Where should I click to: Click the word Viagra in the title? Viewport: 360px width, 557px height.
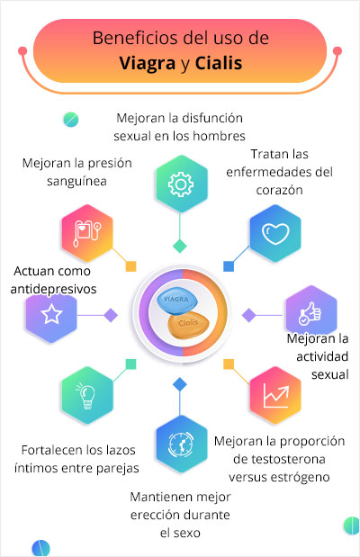pyautogui.click(x=147, y=64)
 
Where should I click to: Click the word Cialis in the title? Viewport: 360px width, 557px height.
pyautogui.click(x=219, y=63)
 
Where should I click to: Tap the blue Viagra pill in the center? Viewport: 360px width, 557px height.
pyautogui.click(x=177, y=301)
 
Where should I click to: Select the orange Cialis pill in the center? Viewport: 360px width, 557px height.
pyautogui.click(x=188, y=324)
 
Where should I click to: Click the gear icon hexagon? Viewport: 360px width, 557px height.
pyautogui.click(x=181, y=184)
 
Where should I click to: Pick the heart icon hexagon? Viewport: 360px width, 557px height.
pyautogui.click(x=275, y=233)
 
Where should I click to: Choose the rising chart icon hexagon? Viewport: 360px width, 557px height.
pyautogui.click(x=275, y=395)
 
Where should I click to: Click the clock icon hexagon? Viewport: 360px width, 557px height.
pyautogui.click(x=181, y=444)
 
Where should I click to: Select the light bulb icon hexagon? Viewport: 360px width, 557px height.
pyautogui.click(x=87, y=395)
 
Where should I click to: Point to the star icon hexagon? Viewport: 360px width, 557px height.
pyautogui.click(x=51, y=314)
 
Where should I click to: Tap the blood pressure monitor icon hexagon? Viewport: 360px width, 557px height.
pyautogui.click(x=87, y=233)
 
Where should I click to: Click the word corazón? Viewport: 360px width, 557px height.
pyautogui.click(x=279, y=190)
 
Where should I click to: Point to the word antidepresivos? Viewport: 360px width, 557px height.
pyautogui.click(x=53, y=289)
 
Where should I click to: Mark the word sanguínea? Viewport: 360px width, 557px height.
pyautogui.click(x=76, y=181)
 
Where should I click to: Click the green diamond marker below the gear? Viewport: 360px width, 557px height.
pyautogui.click(x=180, y=246)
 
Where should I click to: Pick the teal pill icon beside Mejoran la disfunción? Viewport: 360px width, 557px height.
pyautogui.click(x=71, y=120)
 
